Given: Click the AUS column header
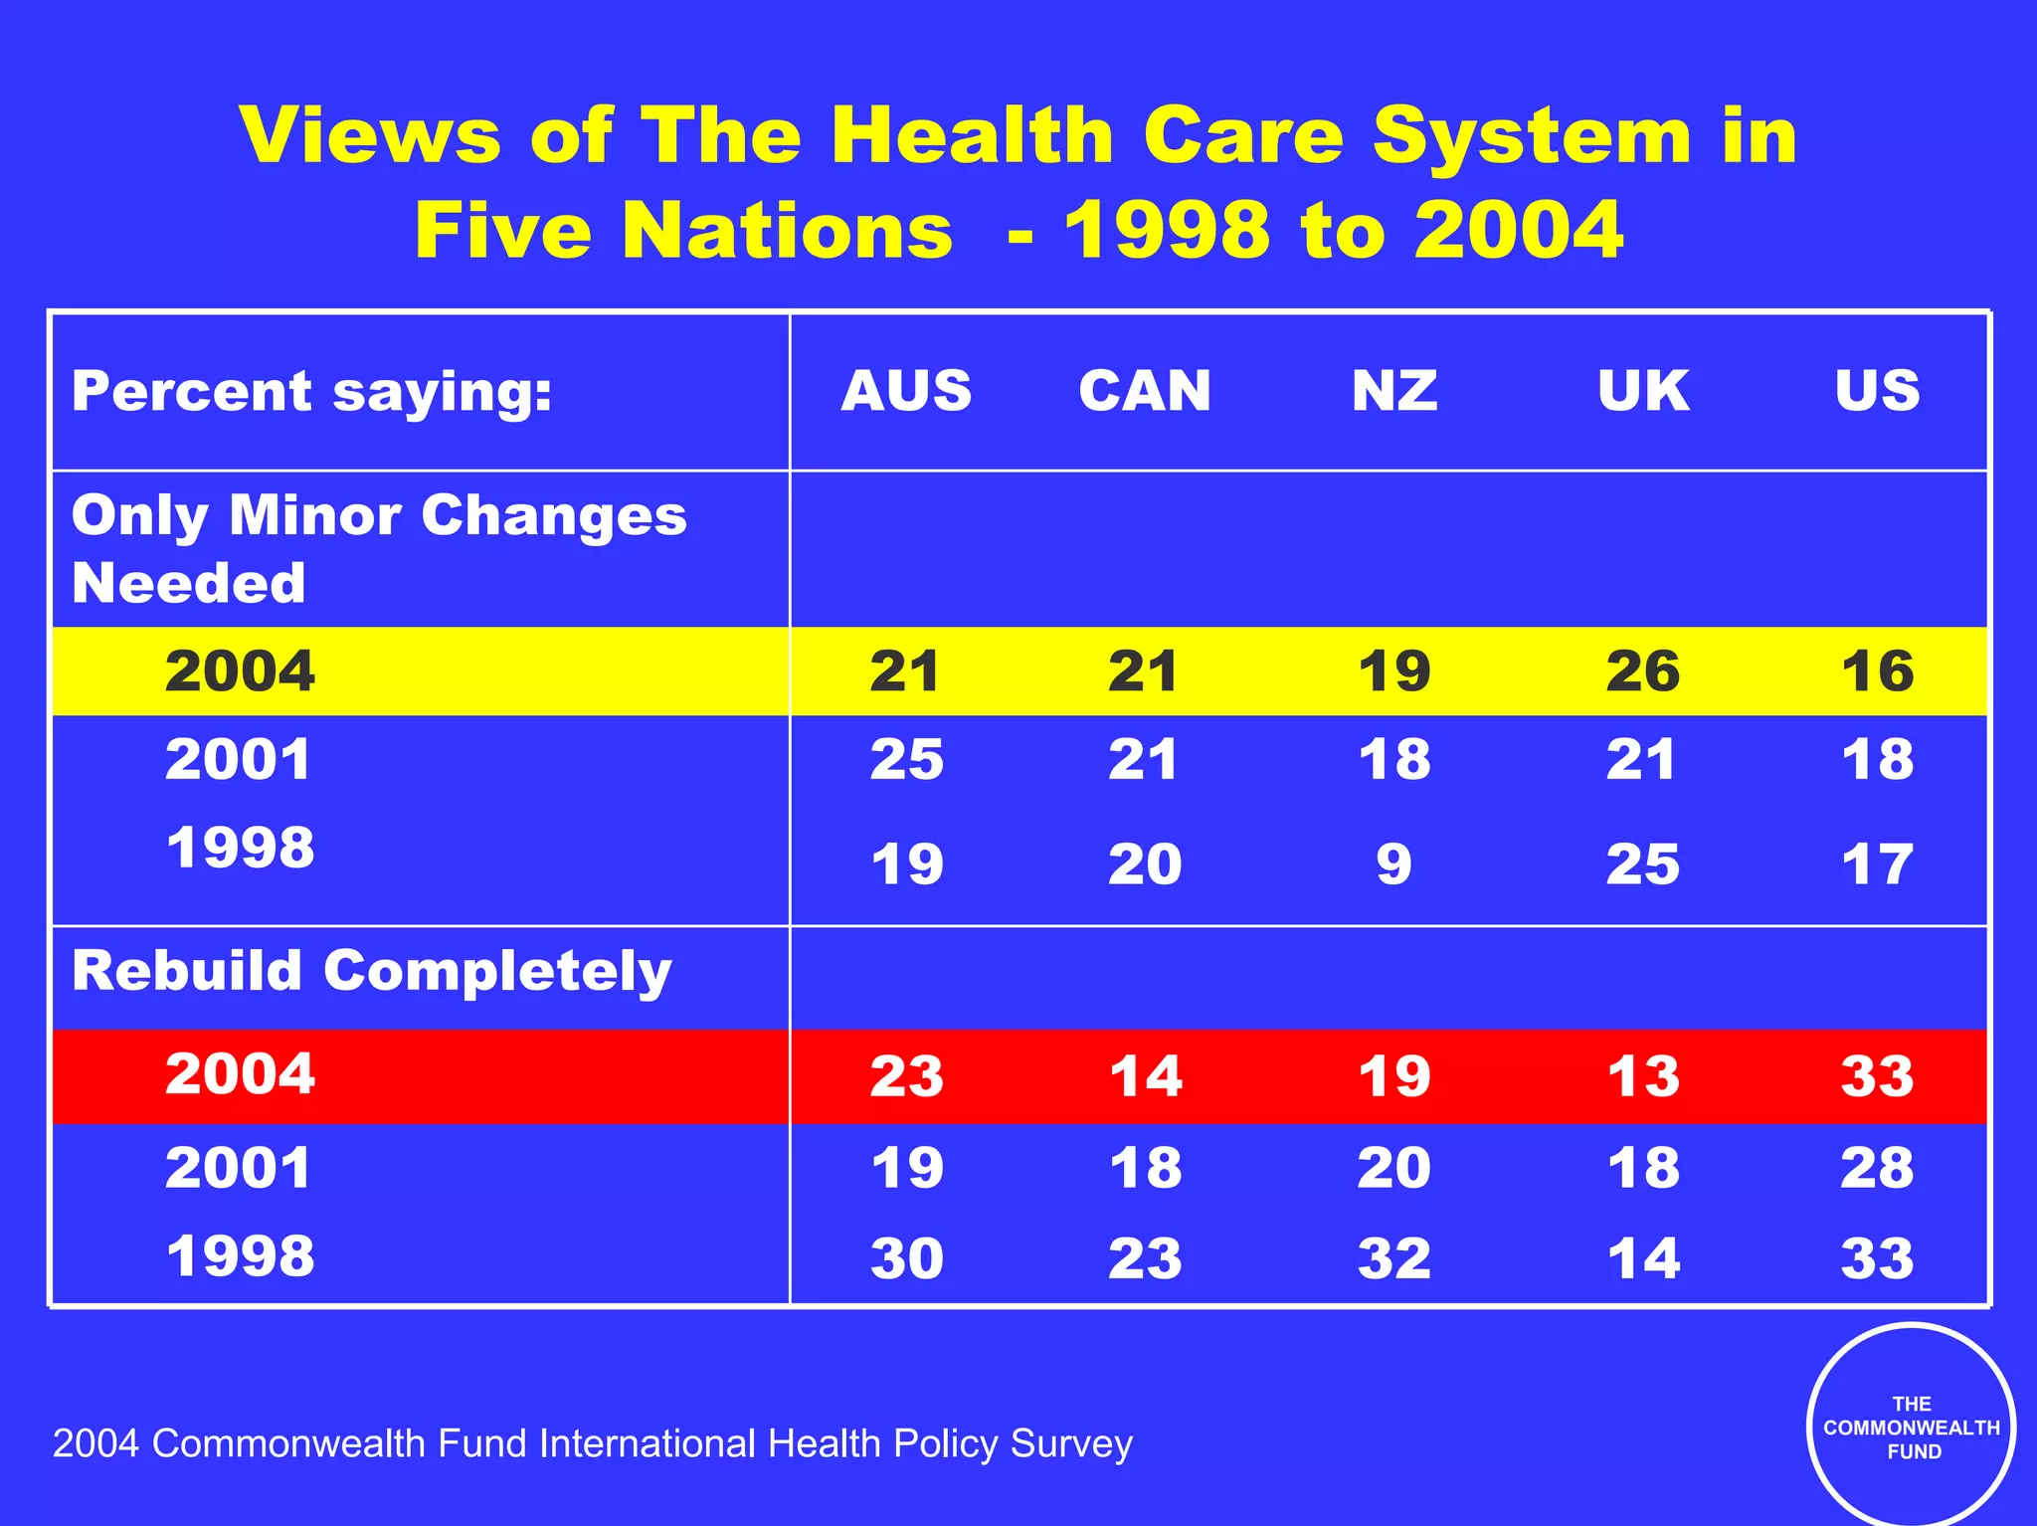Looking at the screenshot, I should pos(906,390).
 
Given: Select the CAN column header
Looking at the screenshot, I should pos(1145,390).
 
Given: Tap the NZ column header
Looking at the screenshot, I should pos(1394,390).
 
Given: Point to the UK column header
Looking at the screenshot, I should pos(1643,390).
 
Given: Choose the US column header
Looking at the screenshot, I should pos(1878,390).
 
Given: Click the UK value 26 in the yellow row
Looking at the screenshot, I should pos(1643,670).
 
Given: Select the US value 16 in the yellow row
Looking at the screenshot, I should pos(1878,670).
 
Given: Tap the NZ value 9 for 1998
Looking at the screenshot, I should pos(1394,863).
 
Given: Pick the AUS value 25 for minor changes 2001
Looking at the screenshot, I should pos(906,759).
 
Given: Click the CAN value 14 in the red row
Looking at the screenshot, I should pos(1146,1075).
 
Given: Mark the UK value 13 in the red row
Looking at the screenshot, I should pos(1643,1075).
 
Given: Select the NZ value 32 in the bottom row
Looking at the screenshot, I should pos(1394,1257).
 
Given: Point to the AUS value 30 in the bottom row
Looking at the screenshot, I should pos(906,1257).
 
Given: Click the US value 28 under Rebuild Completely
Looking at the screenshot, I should pos(1878,1167).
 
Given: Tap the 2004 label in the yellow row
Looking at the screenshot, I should pos(240,670).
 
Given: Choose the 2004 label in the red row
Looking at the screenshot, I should pos(240,1073).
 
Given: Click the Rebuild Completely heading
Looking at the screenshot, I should pos(372,971).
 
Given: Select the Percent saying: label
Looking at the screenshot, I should pos(311,391).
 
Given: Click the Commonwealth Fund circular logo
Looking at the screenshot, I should pos(1911,1428).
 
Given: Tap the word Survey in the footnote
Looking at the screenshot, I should pos(1070,1443).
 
